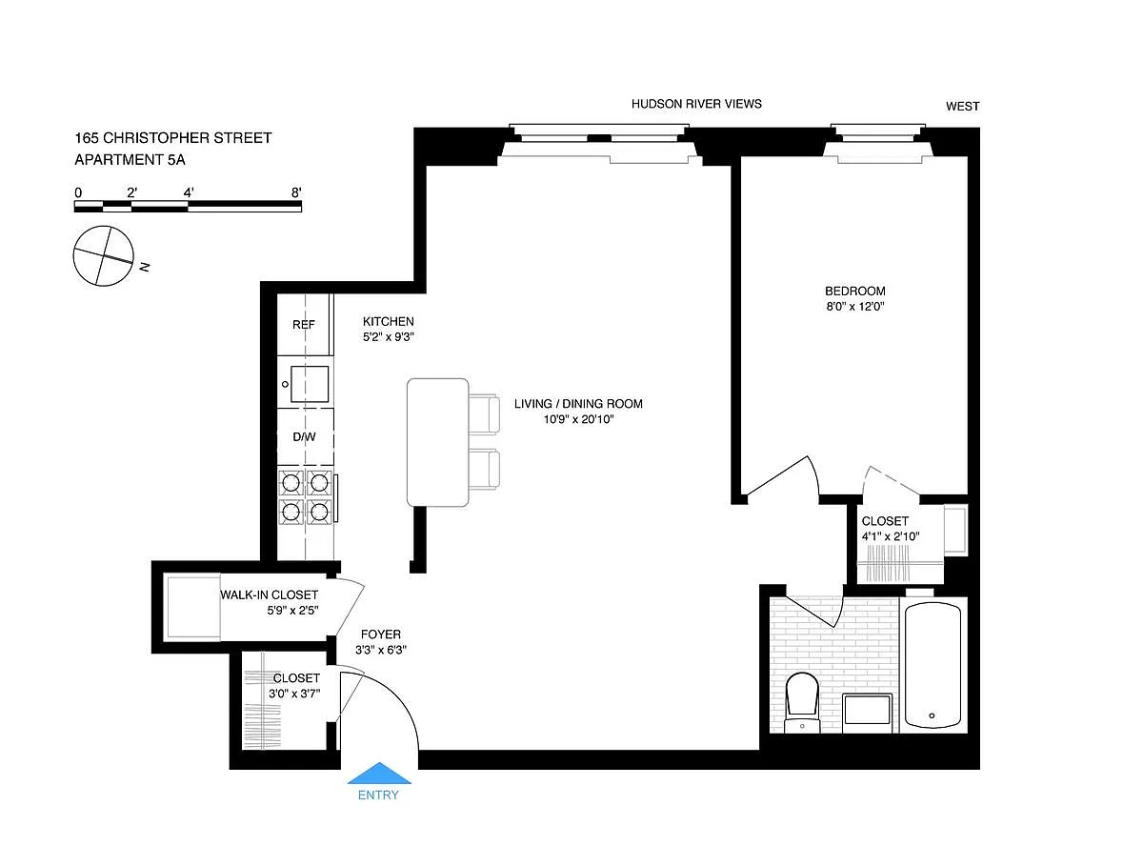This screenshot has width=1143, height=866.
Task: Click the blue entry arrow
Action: point(378,774)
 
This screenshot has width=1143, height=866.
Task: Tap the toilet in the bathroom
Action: point(802,702)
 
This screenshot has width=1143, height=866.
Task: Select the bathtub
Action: point(932,665)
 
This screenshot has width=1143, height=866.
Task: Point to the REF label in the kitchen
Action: point(304,325)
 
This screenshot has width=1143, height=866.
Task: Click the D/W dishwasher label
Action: point(304,437)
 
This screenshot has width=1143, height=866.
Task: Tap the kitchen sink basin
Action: point(310,384)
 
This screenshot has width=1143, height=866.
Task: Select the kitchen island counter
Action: point(438,442)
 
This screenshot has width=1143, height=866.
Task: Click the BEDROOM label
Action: point(855,292)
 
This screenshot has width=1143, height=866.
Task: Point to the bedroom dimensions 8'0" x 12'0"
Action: point(855,306)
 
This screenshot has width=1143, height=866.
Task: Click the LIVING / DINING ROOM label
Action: point(578,404)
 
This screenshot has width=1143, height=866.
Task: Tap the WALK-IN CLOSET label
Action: point(270,594)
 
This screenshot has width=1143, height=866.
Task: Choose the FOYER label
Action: point(381,634)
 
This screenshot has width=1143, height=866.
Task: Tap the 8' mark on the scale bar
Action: point(296,192)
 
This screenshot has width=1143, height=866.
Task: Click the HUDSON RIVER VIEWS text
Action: point(696,104)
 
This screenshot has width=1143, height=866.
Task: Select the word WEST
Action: point(963,107)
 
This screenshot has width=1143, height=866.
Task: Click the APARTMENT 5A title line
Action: point(130,160)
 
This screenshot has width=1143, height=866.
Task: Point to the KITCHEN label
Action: point(389,321)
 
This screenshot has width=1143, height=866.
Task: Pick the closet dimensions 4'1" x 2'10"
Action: point(891,535)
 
